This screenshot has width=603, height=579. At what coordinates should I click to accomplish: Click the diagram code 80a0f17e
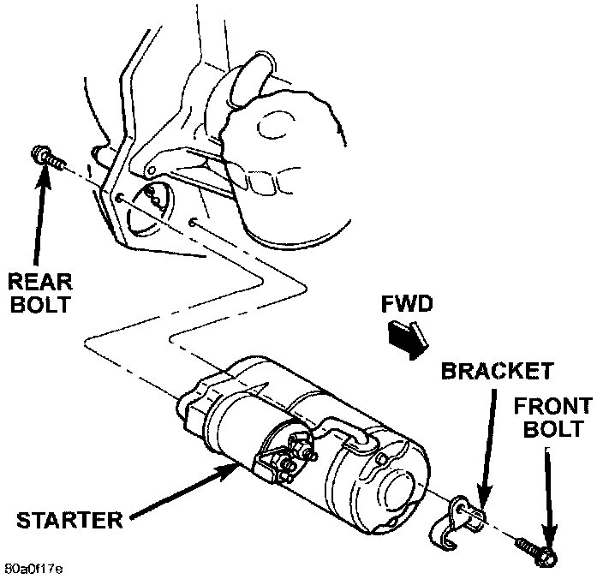[x=33, y=568]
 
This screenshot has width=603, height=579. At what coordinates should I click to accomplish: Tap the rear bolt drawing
[x=47, y=158]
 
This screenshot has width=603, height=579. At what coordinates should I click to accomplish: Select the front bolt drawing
[x=535, y=551]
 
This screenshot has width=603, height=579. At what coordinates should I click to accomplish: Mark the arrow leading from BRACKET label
[x=488, y=445]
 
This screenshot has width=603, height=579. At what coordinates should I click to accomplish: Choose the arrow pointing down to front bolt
[x=548, y=497]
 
